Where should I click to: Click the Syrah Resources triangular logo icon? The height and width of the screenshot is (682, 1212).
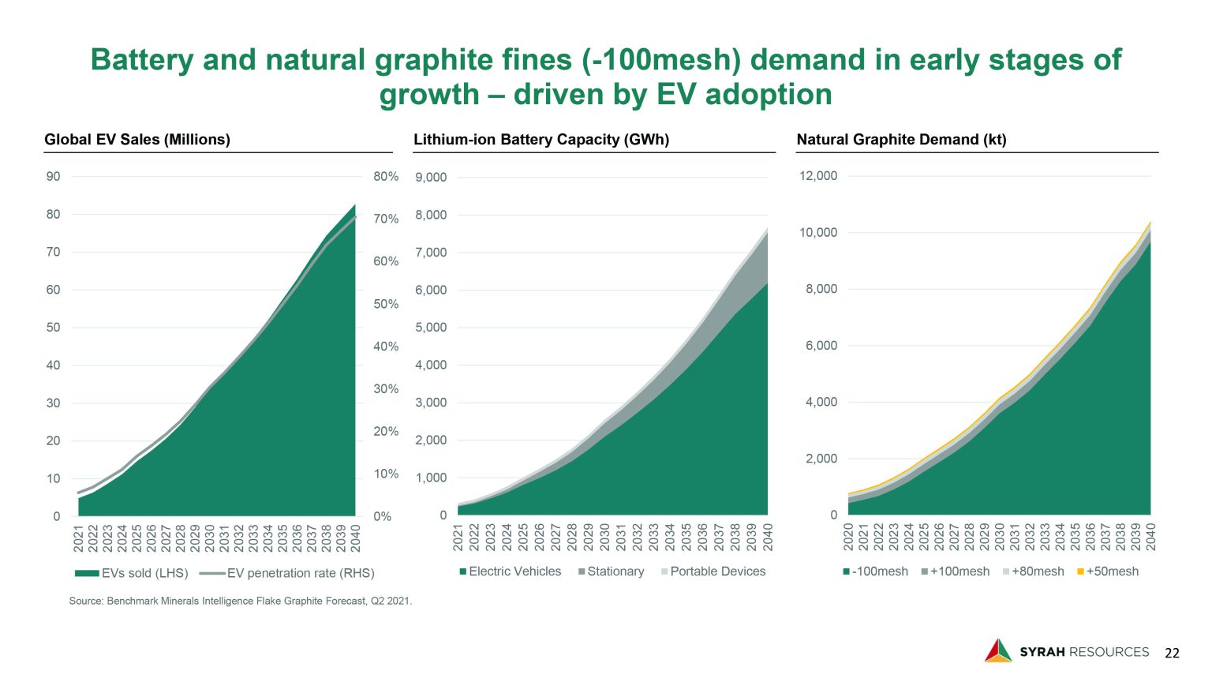(x=997, y=650)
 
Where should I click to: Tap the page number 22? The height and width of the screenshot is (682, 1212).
(x=1173, y=653)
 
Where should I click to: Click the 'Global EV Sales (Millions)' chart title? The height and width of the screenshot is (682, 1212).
(x=137, y=140)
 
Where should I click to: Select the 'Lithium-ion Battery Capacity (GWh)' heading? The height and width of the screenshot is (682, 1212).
(x=541, y=140)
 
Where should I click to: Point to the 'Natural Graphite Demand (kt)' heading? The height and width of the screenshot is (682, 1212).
(x=901, y=140)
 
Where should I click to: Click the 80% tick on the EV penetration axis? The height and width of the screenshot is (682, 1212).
(x=386, y=177)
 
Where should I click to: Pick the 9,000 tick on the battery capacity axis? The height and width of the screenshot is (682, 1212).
(x=431, y=178)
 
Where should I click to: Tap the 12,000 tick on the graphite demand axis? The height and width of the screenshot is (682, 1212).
(x=818, y=176)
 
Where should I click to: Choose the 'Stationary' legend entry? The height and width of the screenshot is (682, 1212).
(x=611, y=571)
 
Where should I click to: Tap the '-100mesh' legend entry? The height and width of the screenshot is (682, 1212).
(x=875, y=571)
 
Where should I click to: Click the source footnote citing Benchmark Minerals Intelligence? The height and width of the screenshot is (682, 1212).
(x=241, y=601)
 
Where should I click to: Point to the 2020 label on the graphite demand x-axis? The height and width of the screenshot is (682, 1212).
(x=849, y=537)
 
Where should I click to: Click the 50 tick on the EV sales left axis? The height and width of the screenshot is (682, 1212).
(x=53, y=328)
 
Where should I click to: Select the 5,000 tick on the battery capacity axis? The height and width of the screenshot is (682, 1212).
(x=431, y=328)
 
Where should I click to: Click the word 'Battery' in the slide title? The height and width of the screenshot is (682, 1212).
(x=141, y=60)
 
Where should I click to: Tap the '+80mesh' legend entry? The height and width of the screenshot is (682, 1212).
(x=1033, y=571)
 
